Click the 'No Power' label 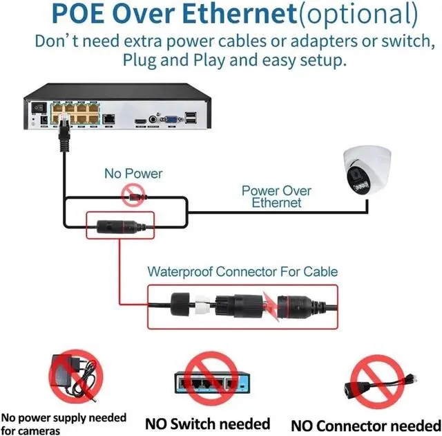pos(133,173)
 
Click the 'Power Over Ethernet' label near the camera pos(276,197)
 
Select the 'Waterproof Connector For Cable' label pos(242,271)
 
